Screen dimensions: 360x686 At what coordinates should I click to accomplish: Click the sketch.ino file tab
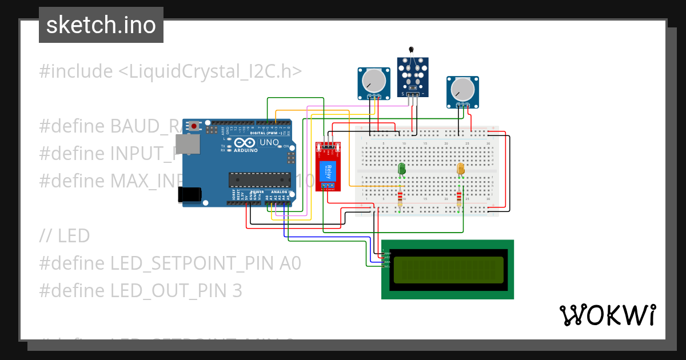tap(101, 25)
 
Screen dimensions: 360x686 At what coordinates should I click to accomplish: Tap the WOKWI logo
tap(607, 315)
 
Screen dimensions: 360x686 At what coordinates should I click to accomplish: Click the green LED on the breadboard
tap(401, 169)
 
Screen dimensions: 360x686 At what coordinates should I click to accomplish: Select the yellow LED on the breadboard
tap(461, 169)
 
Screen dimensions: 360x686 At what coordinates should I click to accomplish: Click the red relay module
tap(328, 167)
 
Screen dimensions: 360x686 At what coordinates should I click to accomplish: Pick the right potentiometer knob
tap(462, 90)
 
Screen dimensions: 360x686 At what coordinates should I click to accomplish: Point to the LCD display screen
tap(448, 270)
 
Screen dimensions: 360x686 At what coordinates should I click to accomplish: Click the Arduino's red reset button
tap(194, 125)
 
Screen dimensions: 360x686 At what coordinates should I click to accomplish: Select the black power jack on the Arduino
tap(190, 194)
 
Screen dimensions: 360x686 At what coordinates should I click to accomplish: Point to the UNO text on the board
tap(269, 142)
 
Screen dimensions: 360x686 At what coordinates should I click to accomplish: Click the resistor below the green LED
tap(400, 199)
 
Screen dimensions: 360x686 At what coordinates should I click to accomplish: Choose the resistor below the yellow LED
tap(460, 199)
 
